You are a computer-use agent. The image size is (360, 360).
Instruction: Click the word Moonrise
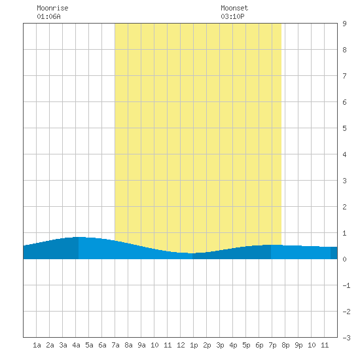(52, 8)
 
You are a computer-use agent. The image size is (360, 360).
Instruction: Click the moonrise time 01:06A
(48, 16)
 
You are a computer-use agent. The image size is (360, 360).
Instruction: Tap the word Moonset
(234, 8)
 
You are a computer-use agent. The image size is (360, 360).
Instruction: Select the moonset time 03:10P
(232, 16)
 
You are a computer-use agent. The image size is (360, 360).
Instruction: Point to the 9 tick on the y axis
(344, 24)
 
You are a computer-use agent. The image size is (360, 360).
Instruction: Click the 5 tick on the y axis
(344, 128)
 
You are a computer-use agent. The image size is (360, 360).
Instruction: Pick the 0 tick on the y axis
(344, 259)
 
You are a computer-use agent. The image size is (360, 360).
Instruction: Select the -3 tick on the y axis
(346, 338)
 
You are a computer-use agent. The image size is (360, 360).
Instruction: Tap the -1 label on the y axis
(346, 285)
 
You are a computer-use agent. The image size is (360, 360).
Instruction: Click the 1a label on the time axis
(37, 345)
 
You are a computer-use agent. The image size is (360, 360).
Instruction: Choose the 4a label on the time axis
(76, 345)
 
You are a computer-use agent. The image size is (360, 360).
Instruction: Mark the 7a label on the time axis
(115, 345)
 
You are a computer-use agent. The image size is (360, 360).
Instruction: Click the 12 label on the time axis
(181, 345)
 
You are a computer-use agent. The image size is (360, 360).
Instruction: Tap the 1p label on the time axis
(194, 345)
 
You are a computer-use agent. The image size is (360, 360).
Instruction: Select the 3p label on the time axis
(220, 345)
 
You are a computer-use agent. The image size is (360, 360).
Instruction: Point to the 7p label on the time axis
(272, 345)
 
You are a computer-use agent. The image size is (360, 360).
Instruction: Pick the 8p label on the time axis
(285, 345)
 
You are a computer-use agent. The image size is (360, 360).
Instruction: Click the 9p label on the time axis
(298, 345)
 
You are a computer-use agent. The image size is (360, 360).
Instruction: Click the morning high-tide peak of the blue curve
(79, 237)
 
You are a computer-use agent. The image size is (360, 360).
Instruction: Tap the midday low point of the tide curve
(192, 253)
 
